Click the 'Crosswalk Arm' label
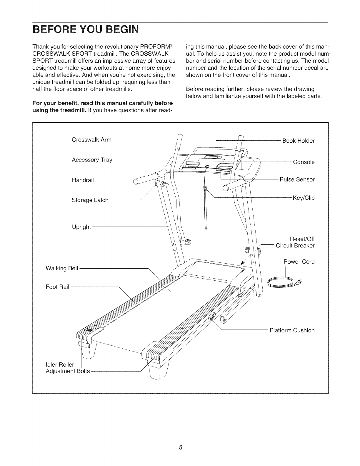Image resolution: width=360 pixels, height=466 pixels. point(91,140)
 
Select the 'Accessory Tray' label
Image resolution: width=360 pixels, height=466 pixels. point(92,160)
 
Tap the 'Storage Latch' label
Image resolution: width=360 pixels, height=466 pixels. point(90,200)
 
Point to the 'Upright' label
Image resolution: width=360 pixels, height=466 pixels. point(81,227)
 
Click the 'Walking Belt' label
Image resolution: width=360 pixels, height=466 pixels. point(62,268)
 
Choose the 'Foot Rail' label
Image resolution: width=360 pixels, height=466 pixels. point(57,287)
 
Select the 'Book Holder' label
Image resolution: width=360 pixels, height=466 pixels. point(298,141)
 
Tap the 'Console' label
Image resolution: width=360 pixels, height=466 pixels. point(304,162)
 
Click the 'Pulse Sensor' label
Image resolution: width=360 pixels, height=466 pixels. point(297,179)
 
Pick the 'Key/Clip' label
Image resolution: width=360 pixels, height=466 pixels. point(304,198)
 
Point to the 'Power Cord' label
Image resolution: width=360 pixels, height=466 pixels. point(299,262)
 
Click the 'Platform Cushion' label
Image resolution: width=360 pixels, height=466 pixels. point(292,330)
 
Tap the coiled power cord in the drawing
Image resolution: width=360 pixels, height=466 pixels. point(281,283)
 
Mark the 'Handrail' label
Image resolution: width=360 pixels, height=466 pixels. point(83,180)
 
